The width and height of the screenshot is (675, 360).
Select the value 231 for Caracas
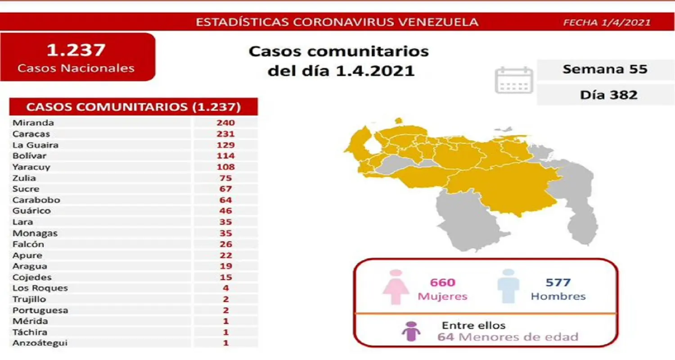[x=225, y=134]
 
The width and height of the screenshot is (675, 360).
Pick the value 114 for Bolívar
[x=225, y=156]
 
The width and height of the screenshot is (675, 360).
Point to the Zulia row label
[x=24, y=178]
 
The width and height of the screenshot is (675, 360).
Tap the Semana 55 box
[x=605, y=69]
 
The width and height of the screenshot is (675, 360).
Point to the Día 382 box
[x=605, y=94]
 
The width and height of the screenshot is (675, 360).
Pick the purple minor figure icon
[x=410, y=332]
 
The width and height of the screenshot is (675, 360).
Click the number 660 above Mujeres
[x=443, y=283]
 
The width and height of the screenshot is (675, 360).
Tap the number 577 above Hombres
[x=558, y=283]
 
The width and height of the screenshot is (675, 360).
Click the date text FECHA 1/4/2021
[x=607, y=22]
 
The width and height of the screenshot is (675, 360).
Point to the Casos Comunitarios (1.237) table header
[x=134, y=107]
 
